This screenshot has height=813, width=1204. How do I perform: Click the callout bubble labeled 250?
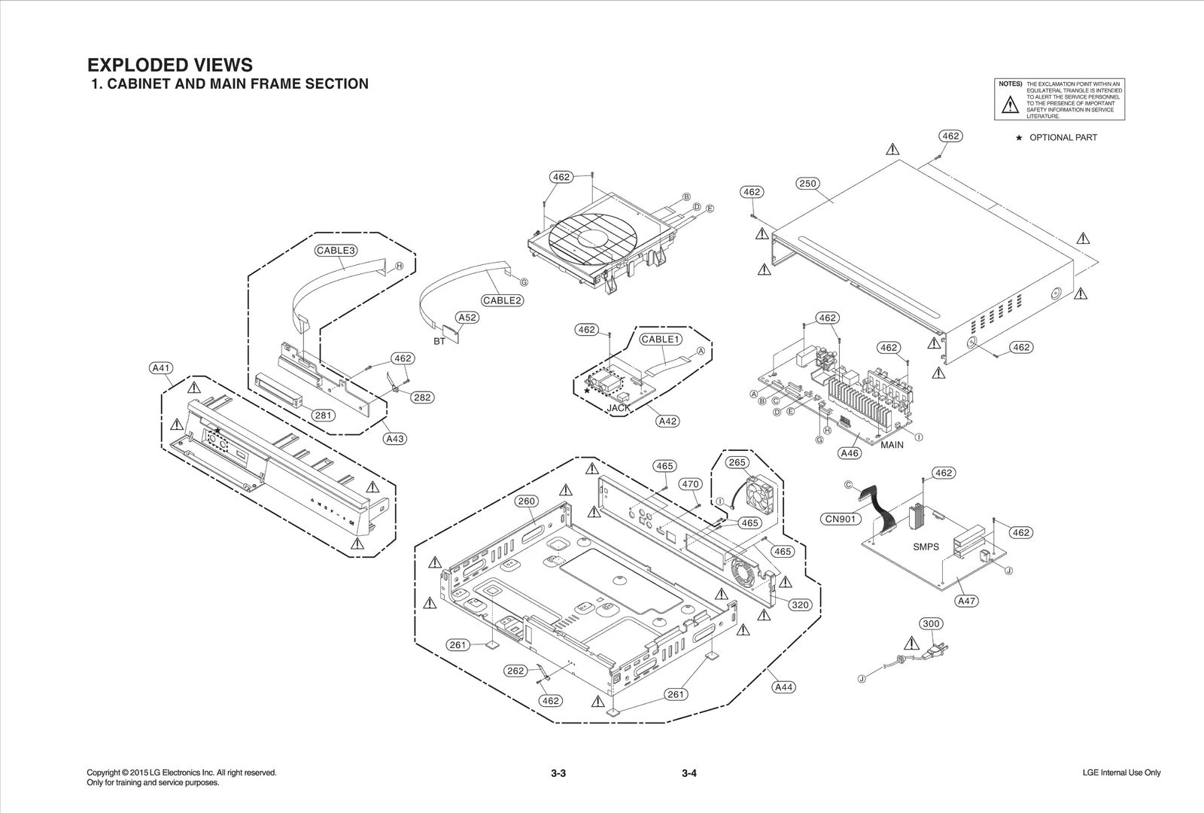[x=807, y=184]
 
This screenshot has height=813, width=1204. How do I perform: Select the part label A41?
[x=161, y=368]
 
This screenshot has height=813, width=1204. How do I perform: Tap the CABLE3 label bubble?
[x=336, y=250]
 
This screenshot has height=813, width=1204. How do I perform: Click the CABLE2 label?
[x=503, y=300]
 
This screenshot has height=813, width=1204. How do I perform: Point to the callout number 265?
[x=737, y=462]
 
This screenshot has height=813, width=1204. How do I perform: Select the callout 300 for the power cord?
[x=931, y=623]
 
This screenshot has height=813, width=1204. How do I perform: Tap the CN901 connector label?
[x=839, y=519]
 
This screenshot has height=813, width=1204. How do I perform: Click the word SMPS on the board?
[x=926, y=547]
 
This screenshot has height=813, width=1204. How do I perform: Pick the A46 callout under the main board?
[x=849, y=453]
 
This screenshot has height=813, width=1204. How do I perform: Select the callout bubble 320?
[x=800, y=604]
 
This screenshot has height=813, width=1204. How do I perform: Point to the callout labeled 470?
[x=690, y=484]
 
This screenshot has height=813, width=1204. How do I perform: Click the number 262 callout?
[x=515, y=671]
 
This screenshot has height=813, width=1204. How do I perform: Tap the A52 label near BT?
[x=467, y=318]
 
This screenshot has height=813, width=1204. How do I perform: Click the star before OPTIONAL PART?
[x=1019, y=138]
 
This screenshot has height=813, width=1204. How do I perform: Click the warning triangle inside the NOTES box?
[x=1009, y=105]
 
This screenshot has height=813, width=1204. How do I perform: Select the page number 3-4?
[x=689, y=774]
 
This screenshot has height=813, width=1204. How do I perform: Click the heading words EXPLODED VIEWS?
[x=170, y=65]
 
